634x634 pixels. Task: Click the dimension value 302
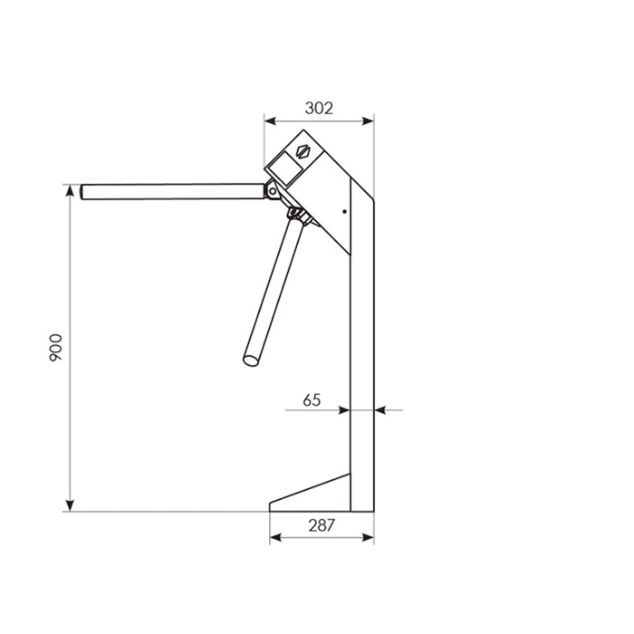coord(319,108)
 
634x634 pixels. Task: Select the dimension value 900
coord(55,348)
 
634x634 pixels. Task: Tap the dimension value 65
coord(312,400)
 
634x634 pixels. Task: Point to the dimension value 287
coord(322,525)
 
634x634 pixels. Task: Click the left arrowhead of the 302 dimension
coord(270,120)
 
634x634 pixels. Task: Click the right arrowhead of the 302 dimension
coord(368,120)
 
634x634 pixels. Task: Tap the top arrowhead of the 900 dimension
coord(70,191)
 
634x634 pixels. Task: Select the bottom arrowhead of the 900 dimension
coord(70,505)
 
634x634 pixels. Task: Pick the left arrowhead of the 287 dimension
coord(275,537)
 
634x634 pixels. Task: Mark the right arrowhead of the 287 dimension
coord(368,537)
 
